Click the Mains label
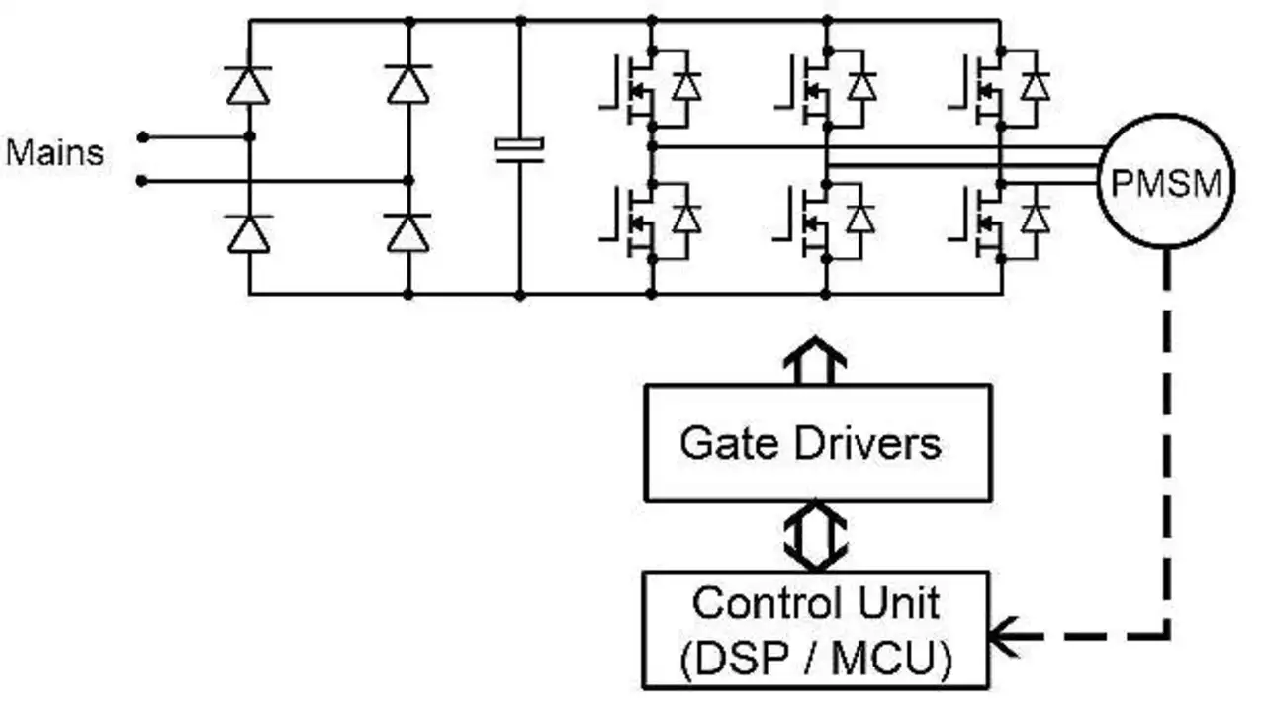54,153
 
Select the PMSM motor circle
1165,182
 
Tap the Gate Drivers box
817,442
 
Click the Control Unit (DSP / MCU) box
817,630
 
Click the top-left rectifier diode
248,85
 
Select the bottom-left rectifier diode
248,234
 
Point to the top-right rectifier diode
407,85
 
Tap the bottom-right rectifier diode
407,234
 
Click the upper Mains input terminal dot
142,136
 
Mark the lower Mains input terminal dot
142,181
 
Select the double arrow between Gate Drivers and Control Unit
816,535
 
